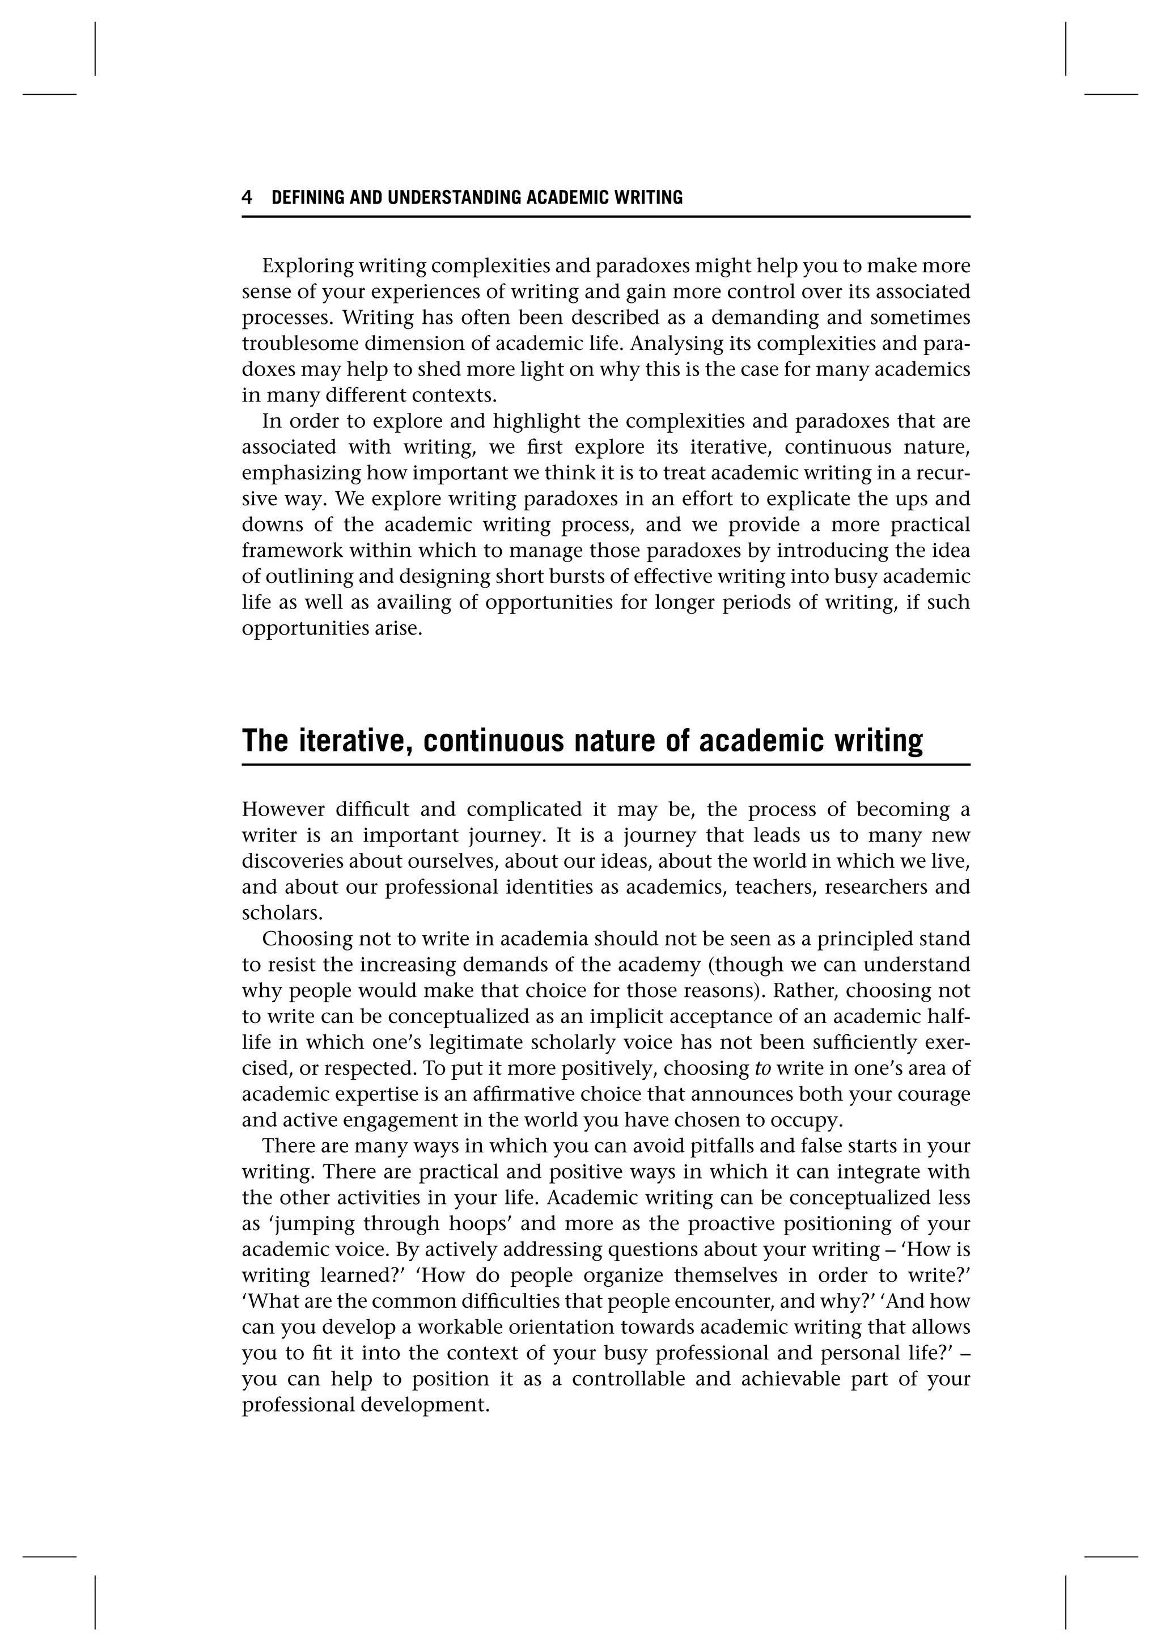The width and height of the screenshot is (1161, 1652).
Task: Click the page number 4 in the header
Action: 247,198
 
